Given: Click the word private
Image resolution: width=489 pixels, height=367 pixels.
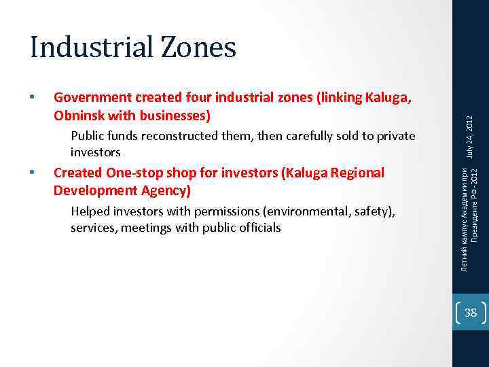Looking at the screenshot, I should click(x=394, y=136).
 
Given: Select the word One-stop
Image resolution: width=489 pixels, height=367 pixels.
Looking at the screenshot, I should click(x=133, y=173).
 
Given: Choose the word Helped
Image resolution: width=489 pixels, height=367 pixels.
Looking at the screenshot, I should click(x=90, y=212).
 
